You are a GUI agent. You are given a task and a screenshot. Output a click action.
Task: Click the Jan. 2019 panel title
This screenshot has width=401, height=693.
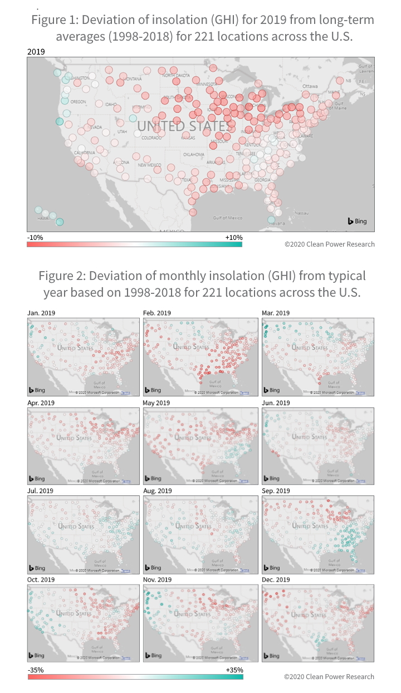pyautogui.click(x=41, y=313)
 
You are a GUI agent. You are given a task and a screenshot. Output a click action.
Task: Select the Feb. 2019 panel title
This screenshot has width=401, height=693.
pyautogui.click(x=158, y=313)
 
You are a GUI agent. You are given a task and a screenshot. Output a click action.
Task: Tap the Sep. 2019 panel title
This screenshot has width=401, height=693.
pyautogui.click(x=276, y=491)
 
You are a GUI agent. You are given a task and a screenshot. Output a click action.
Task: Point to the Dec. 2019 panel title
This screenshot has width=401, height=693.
pyautogui.click(x=276, y=579)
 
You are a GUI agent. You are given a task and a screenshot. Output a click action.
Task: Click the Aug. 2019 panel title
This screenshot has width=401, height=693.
pyautogui.click(x=158, y=491)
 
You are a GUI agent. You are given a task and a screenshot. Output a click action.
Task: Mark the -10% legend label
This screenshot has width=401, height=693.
pyautogui.click(x=35, y=238)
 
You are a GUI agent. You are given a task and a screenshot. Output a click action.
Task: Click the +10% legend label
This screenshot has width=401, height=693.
pyautogui.click(x=234, y=238)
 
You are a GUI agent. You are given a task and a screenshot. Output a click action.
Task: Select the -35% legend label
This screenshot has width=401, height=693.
pyautogui.click(x=36, y=670)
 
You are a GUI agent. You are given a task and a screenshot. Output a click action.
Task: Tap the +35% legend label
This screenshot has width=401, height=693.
pyautogui.click(x=234, y=670)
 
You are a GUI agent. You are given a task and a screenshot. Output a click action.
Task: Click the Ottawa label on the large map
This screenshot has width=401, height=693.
pyautogui.click(x=310, y=87)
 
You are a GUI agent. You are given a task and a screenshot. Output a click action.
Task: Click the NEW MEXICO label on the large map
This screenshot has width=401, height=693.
pyautogui.click(x=149, y=165)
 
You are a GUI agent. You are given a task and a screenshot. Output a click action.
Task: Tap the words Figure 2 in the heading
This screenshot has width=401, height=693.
pyautogui.click(x=60, y=276)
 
